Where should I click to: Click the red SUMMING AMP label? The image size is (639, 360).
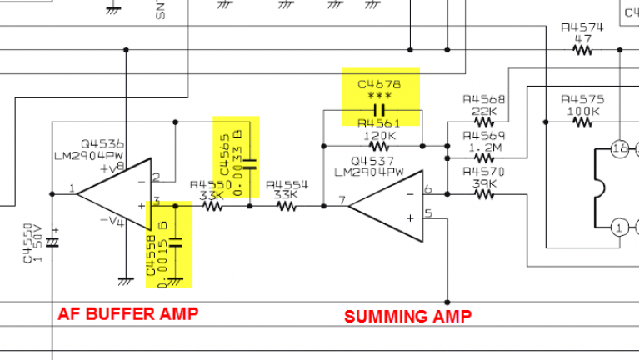coord(407,316)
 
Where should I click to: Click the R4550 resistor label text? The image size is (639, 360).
coord(207,185)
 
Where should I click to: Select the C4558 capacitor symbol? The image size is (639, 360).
coord(175,242)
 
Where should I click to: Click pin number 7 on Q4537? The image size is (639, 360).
coord(342,200)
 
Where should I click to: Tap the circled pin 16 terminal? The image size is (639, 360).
coord(618,149)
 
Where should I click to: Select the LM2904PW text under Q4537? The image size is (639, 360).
coord(368,172)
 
